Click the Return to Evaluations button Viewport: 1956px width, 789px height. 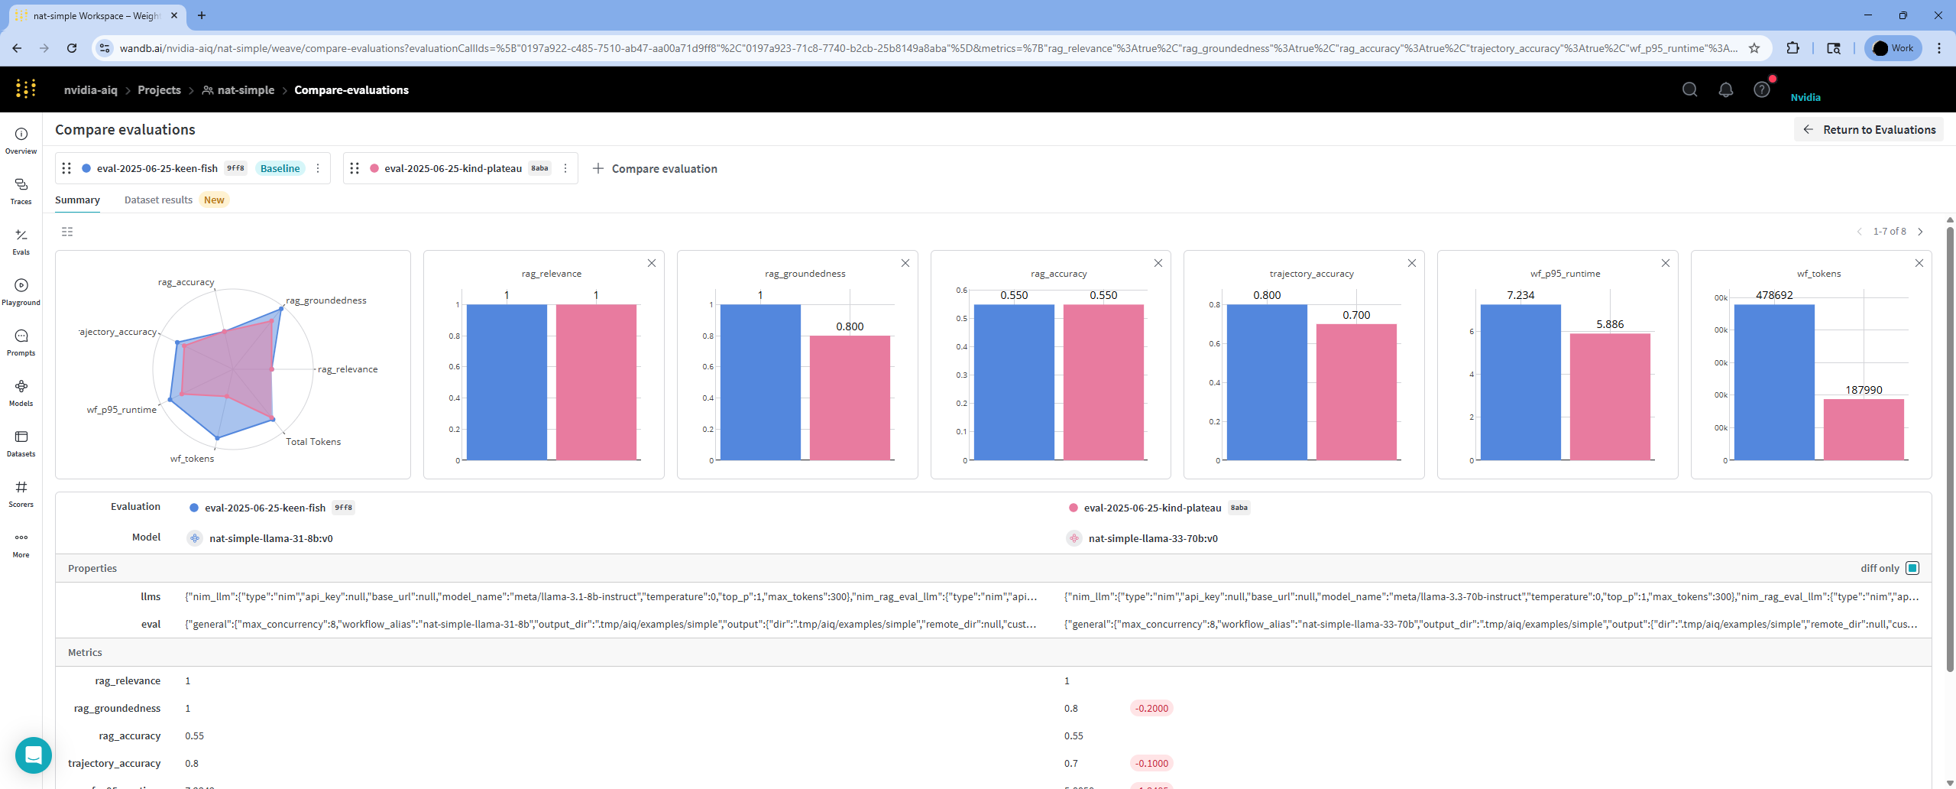[x=1869, y=130]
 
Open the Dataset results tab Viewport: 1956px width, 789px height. [x=158, y=200]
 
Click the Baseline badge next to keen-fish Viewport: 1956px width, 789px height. [x=280, y=168]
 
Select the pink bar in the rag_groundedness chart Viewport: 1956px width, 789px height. [x=850, y=398]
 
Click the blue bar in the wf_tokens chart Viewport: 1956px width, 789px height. [x=1773, y=382]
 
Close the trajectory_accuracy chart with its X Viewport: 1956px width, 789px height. [x=1412, y=263]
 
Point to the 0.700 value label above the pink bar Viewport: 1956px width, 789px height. [x=1356, y=315]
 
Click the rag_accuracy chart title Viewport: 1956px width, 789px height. [x=1058, y=274]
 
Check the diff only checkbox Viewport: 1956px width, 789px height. [x=1912, y=568]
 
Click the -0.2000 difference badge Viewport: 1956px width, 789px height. [x=1151, y=709]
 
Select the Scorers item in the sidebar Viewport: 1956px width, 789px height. [x=21, y=493]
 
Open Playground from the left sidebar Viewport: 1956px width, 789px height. [x=21, y=291]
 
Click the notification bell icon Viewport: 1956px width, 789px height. [x=1725, y=90]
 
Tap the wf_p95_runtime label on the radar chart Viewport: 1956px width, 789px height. [x=121, y=410]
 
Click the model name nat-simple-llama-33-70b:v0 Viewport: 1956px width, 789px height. [x=1152, y=539]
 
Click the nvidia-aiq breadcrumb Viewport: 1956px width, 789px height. [x=91, y=90]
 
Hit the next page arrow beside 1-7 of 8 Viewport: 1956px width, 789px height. [x=1920, y=232]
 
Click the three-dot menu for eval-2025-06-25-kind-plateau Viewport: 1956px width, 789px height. [x=565, y=168]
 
